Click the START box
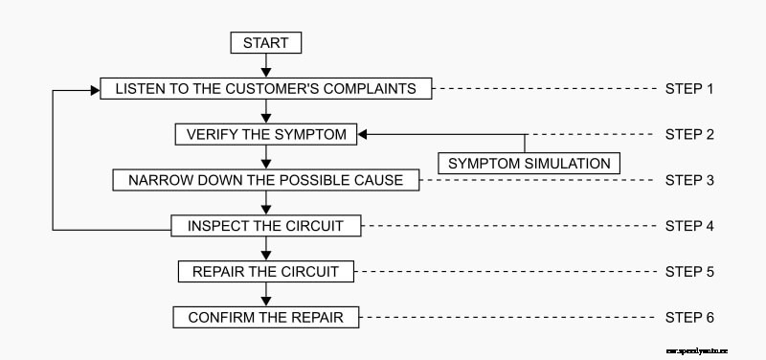click(x=266, y=43)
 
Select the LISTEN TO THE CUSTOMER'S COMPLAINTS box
click(x=266, y=89)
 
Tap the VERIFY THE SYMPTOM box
click(x=266, y=134)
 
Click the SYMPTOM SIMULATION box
click(x=529, y=163)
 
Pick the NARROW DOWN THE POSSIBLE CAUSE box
click(x=266, y=180)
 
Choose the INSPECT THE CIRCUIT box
click(x=266, y=226)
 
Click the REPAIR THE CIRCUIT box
click(x=266, y=271)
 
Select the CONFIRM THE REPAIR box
click(x=266, y=317)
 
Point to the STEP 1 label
click(x=689, y=89)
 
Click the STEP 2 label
click(x=689, y=134)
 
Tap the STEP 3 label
click(x=689, y=180)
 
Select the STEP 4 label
click(x=689, y=226)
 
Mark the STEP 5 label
click(x=689, y=271)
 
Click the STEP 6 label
click(x=689, y=317)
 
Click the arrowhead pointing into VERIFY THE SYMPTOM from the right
click(x=365, y=134)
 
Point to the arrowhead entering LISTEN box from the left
click(x=95, y=89)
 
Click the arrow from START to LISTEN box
click(x=266, y=65)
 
